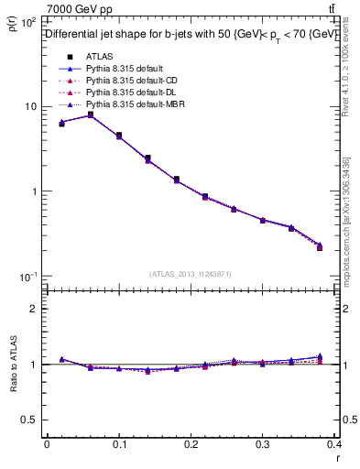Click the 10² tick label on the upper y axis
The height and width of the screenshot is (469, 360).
pos(27,21)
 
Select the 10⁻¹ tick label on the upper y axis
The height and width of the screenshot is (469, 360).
pos(27,277)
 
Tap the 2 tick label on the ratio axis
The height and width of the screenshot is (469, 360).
pos(34,309)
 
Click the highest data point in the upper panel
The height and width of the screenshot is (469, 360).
pos(90,115)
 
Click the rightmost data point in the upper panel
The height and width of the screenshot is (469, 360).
pos(319,246)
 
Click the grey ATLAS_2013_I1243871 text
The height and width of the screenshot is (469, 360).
pos(191,274)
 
